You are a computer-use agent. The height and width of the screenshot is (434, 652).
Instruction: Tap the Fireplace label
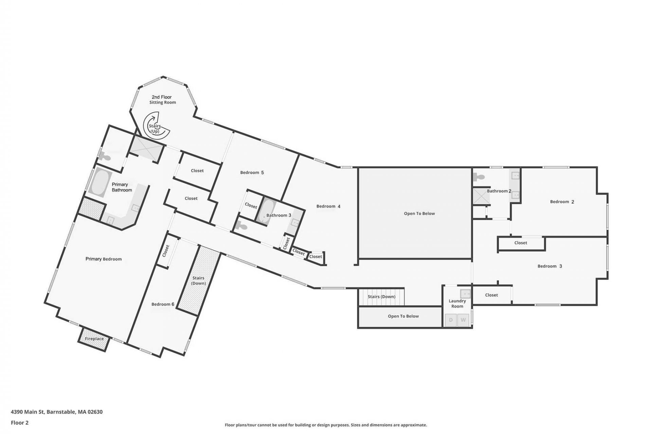[94, 339]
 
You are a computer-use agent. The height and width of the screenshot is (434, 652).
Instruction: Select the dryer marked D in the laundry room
[451, 320]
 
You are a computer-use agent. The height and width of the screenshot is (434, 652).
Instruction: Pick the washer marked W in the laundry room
[463, 320]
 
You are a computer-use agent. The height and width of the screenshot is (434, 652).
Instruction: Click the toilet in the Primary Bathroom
[105, 157]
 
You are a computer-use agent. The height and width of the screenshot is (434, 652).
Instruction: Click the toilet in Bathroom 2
[478, 177]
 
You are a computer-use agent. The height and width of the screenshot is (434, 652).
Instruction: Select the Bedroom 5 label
[252, 173]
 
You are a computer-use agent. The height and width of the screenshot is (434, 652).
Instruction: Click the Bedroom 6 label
[163, 304]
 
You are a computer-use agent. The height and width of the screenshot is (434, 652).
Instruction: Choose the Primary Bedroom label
[104, 259]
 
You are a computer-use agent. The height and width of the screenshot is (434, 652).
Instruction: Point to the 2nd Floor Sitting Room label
[163, 100]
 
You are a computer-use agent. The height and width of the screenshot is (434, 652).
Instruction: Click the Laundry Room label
[457, 303]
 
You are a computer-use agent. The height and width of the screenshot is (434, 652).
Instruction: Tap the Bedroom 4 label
[328, 206]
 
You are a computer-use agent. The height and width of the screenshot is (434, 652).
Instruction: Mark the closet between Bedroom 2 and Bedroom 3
[521, 243]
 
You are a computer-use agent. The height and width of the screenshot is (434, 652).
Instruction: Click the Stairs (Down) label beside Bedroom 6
[198, 280]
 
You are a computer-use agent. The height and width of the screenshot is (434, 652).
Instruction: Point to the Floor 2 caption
[20, 422]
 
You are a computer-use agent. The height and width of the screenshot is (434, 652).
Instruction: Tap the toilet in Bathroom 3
[242, 225]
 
